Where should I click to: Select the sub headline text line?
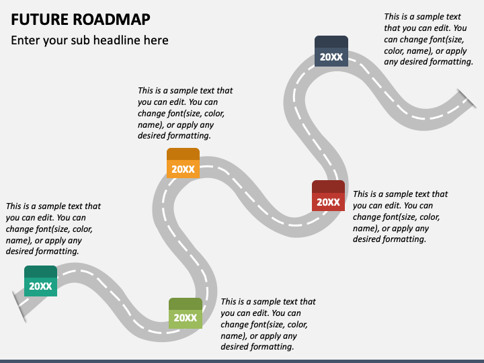pos(89,40)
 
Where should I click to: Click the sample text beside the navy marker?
pos(428,39)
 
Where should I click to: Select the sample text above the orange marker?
pos(185,113)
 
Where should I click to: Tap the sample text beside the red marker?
pos(400,216)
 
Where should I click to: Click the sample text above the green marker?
pos(54,229)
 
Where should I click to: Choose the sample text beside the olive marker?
pos(268,324)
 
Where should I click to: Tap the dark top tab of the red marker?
pos(328,186)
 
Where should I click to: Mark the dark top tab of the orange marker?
pos(183,153)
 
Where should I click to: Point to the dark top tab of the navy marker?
pos(331,41)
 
